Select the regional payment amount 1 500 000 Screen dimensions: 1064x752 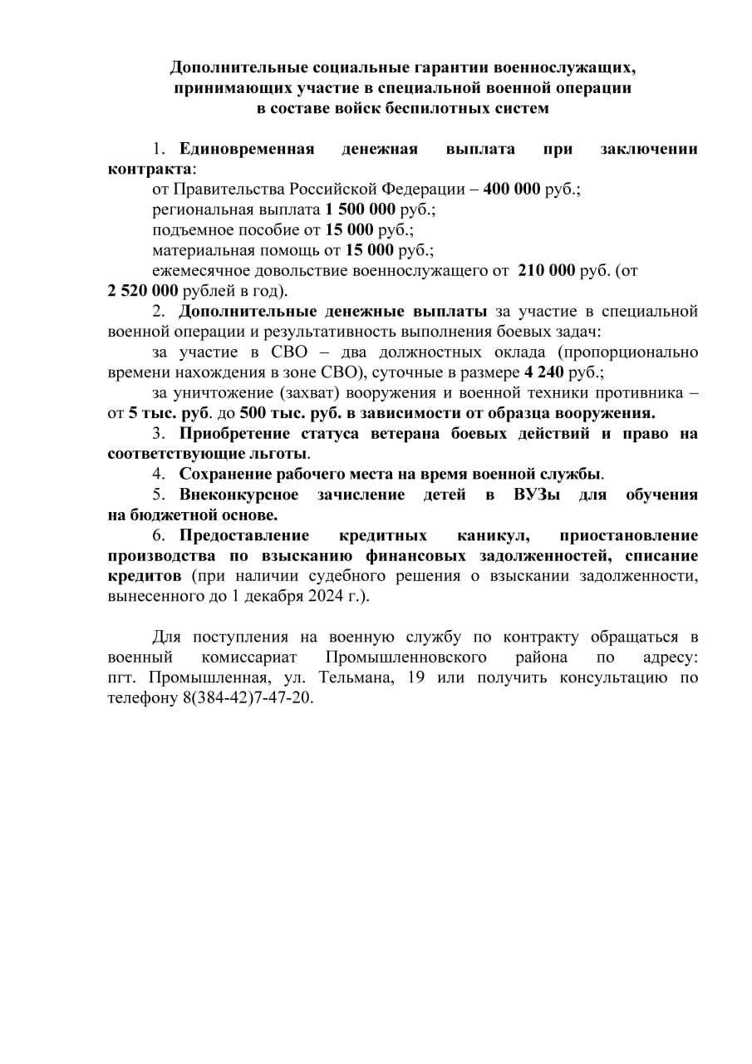click(x=360, y=209)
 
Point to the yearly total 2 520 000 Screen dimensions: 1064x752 click(x=143, y=291)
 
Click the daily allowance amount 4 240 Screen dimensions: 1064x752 click(x=545, y=372)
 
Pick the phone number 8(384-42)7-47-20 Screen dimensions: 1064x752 click(x=248, y=697)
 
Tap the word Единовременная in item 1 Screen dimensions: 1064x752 click(x=247, y=149)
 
